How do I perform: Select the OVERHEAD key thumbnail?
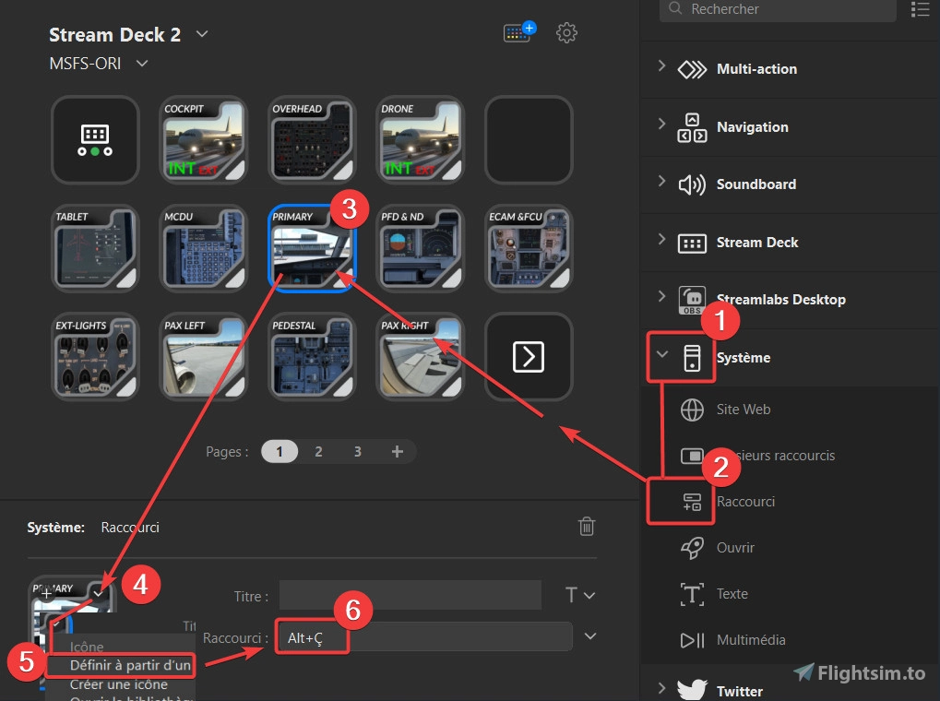(311, 139)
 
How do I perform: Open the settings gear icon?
(566, 33)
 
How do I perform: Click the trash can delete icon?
(586, 527)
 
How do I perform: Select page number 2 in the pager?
(318, 451)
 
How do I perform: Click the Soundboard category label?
(756, 184)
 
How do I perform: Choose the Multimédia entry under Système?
(750, 640)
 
